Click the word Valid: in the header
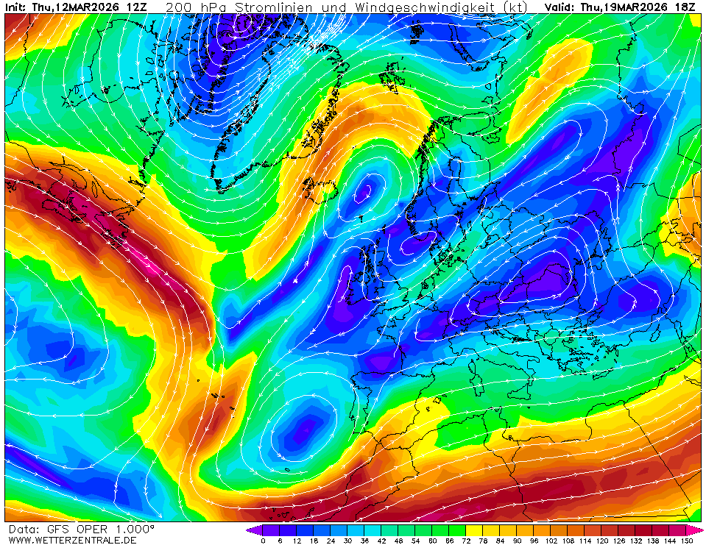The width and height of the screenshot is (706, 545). pos(561,7)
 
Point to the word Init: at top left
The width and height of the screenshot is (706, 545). pos(15,7)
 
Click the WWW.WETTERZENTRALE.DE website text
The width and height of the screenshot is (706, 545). pos(73,540)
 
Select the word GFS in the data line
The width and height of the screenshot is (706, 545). pos(56,529)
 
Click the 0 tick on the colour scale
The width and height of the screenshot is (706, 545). pos(263,541)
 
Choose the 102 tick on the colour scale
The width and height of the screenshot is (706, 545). pos(551,541)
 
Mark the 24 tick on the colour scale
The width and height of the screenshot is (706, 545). pos(331,541)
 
